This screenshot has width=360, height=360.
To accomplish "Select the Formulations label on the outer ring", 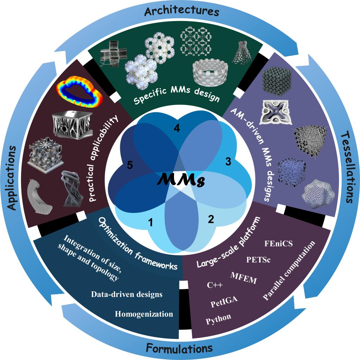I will [179, 349].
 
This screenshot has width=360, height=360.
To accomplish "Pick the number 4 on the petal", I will [177, 129].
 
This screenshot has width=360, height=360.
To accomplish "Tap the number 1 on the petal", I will [150, 222].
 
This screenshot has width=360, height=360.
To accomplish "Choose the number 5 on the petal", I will [129, 165].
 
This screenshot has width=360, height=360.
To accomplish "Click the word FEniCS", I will [278, 243].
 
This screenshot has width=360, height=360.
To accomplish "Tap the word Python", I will [218, 318].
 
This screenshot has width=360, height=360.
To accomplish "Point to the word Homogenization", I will [144, 314].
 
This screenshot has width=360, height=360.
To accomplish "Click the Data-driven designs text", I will [127, 294].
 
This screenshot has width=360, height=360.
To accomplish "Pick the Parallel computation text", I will [289, 271].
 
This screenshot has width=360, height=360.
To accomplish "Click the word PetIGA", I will [224, 302].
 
